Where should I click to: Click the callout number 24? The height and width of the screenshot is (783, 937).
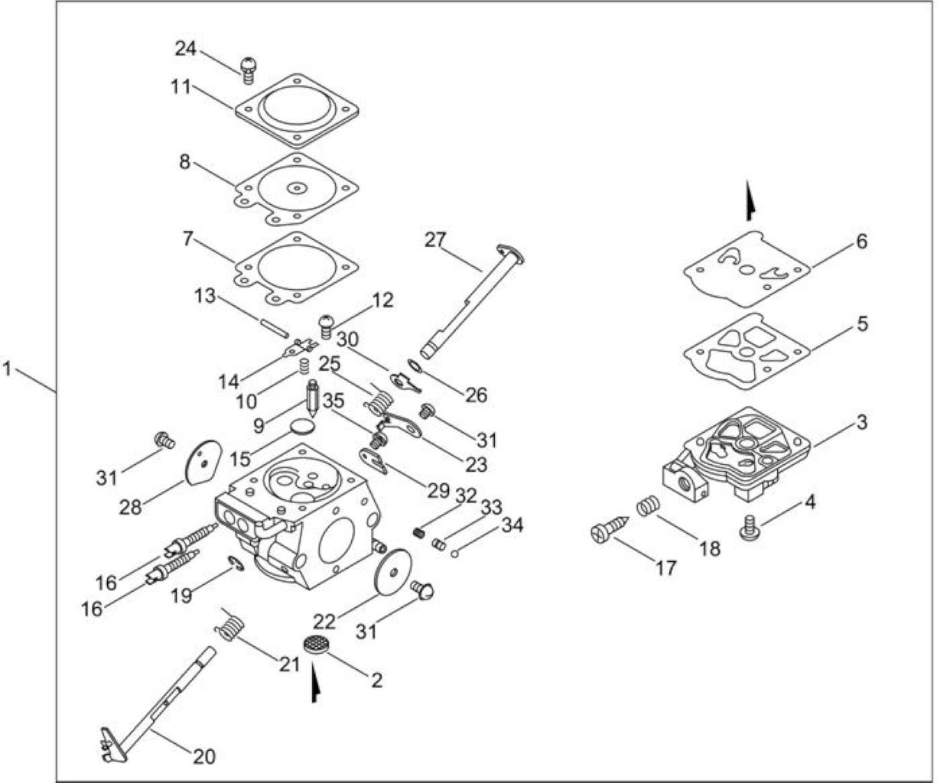[186, 48]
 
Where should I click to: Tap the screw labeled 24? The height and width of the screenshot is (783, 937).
[248, 70]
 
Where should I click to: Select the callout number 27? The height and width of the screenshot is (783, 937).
[435, 240]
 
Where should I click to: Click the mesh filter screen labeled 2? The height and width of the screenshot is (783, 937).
[315, 645]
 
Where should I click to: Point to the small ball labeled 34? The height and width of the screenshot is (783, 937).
[455, 554]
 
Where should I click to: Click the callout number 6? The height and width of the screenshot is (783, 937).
[862, 242]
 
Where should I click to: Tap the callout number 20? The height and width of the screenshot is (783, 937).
[205, 756]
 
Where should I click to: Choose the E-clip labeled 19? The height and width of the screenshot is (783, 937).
[236, 563]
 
